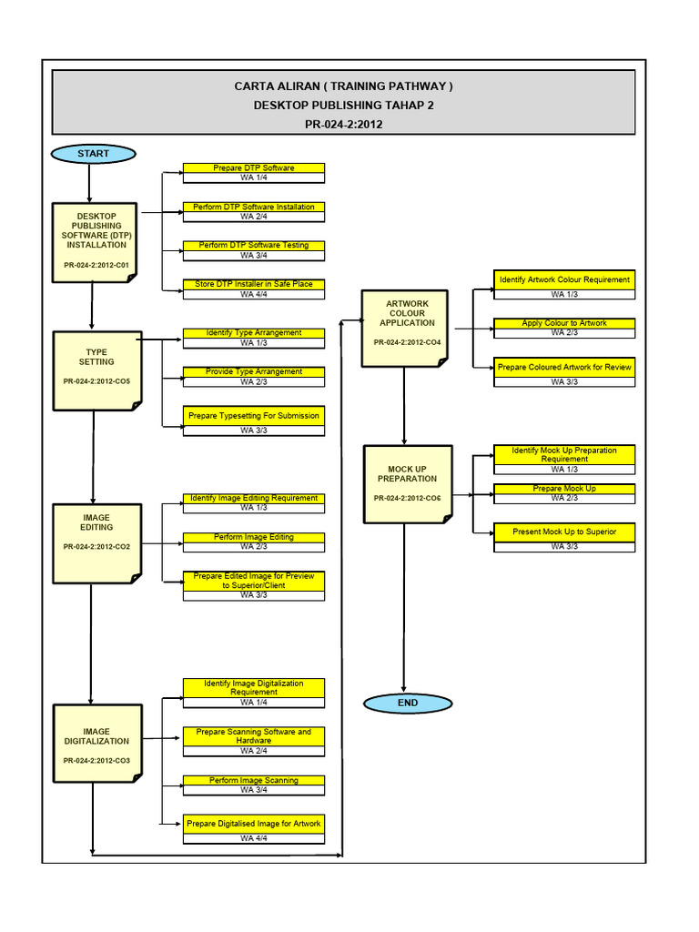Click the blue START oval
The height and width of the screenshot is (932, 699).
pyautogui.click(x=93, y=154)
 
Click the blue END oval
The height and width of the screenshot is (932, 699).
pyautogui.click(x=408, y=703)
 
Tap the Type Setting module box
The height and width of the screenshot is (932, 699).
pyautogui.click(x=96, y=368)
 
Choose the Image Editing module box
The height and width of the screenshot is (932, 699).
pyautogui.click(x=96, y=542)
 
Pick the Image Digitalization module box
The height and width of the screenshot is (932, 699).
pyautogui.click(x=96, y=742)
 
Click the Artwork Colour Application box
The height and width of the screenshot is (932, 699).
pyautogui.click(x=406, y=327)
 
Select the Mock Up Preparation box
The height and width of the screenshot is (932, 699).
pyautogui.click(x=407, y=483)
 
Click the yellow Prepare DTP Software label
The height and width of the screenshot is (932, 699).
pyautogui.click(x=254, y=168)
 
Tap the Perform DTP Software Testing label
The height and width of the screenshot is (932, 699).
pyautogui.click(x=254, y=246)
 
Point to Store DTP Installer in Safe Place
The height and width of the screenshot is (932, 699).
pyautogui.click(x=254, y=284)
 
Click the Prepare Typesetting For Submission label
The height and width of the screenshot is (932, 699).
pyautogui.click(x=254, y=415)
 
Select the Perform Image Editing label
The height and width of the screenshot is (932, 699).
pyautogui.click(x=254, y=537)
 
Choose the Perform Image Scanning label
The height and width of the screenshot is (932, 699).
pyautogui.click(x=254, y=780)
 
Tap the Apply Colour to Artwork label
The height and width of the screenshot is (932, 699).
pyautogui.click(x=564, y=323)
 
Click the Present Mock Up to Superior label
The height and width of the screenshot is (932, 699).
pyautogui.click(x=564, y=531)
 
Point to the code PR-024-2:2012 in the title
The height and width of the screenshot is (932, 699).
pyautogui.click(x=343, y=125)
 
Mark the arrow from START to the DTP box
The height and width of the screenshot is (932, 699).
pyautogui.click(x=90, y=183)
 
